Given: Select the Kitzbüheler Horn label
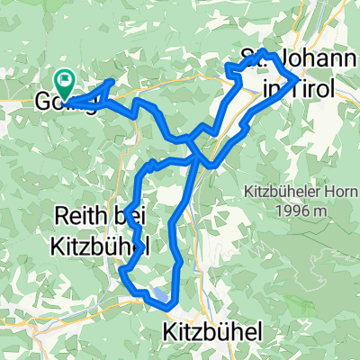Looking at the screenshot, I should click(x=287, y=192).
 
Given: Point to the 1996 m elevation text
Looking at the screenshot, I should click(x=286, y=210).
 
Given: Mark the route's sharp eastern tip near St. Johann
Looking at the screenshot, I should click(x=298, y=80).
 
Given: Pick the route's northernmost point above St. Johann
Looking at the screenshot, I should click(x=262, y=50).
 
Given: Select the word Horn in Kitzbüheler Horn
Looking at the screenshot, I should click(x=325, y=192).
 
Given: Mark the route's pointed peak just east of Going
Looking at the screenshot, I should click(x=111, y=81).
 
